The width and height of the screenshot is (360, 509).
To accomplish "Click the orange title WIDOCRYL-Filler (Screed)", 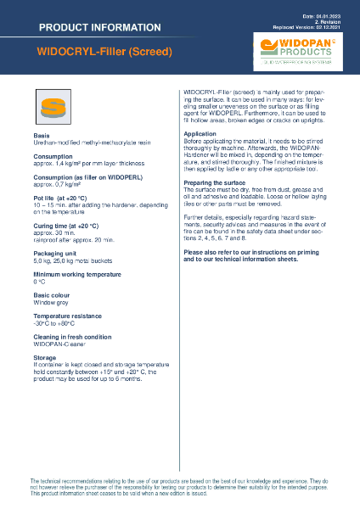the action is (105, 52).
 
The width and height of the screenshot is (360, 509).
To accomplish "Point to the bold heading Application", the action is (200, 134).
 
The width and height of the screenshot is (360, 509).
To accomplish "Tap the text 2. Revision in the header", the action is (335, 21).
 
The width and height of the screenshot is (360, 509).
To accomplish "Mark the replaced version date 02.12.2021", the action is (334, 27).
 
